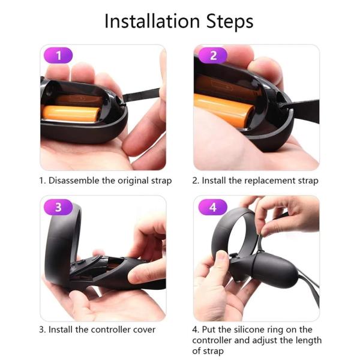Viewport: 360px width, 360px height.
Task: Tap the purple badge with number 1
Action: pyautogui.click(x=58, y=56)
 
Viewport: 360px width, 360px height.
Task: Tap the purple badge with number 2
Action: pyautogui.click(x=214, y=56)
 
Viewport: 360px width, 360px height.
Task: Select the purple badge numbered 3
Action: pyautogui.click(x=58, y=208)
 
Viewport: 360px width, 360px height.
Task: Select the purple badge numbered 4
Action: pyautogui.click(x=214, y=208)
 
